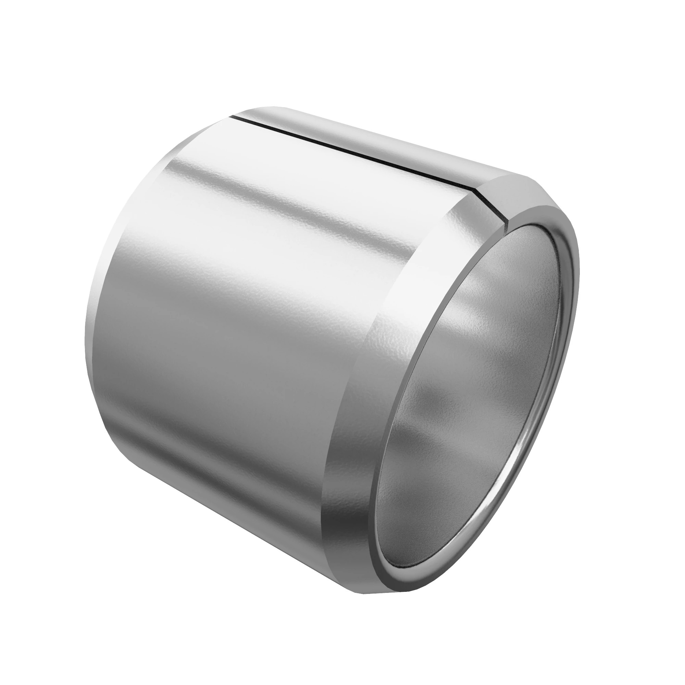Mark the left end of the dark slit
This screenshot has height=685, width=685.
[x=232, y=116]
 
